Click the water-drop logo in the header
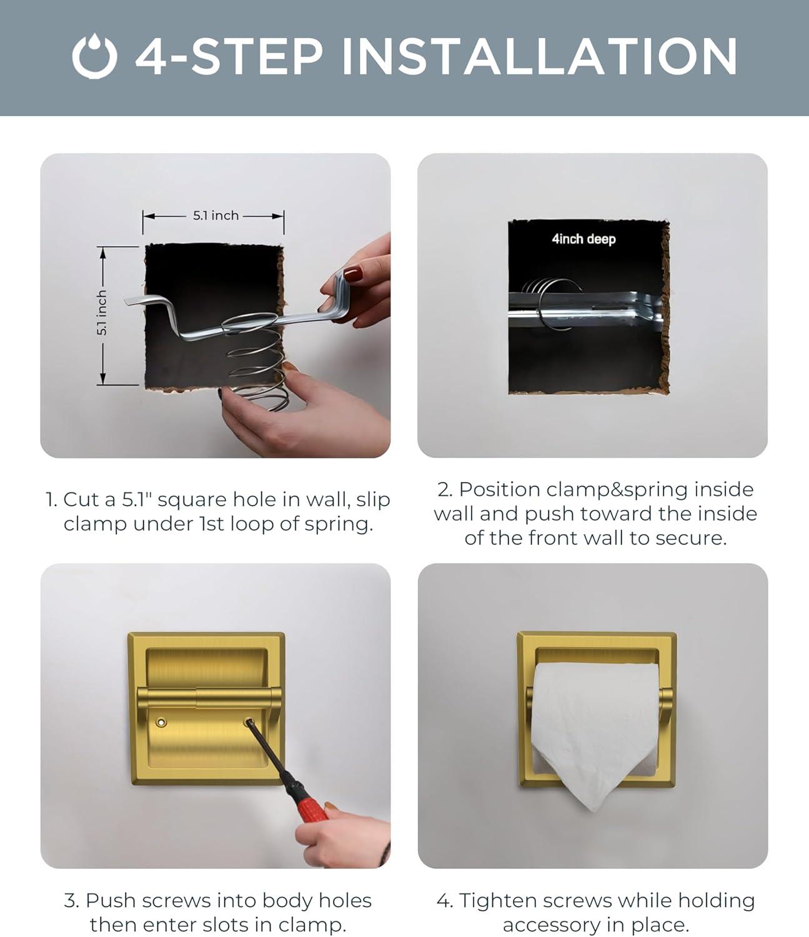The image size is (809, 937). click(x=94, y=56)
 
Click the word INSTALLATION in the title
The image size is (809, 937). click(x=539, y=56)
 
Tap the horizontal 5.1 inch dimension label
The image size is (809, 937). click(x=216, y=216)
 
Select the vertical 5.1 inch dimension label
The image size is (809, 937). click(x=102, y=313)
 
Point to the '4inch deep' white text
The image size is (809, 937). click(x=583, y=239)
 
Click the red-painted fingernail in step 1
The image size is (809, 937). click(x=353, y=274)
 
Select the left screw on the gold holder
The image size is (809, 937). click(x=161, y=722)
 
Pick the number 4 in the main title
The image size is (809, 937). click(x=151, y=56)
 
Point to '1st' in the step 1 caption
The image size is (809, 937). click(x=212, y=524)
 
